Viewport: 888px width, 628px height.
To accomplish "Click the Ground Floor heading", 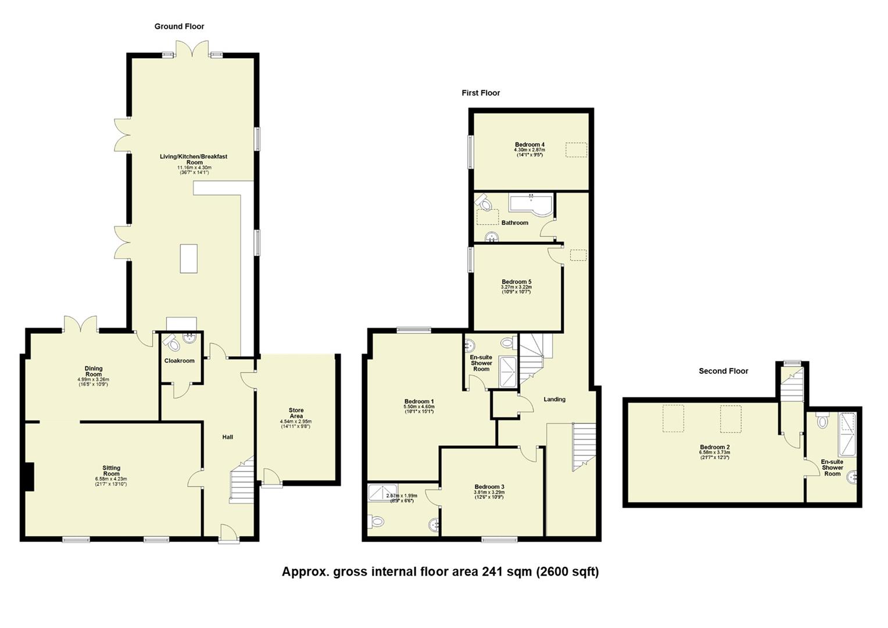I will [179, 26].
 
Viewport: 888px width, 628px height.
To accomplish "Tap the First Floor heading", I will [481, 93].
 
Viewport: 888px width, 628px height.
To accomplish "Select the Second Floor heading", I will [723, 371].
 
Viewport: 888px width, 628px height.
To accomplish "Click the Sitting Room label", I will [111, 471].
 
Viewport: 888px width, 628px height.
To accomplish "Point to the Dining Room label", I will [94, 371].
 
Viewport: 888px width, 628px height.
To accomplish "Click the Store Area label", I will [296, 413].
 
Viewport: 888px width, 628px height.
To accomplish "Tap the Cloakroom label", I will [180, 361].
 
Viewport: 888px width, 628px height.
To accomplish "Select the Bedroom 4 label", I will [529, 145].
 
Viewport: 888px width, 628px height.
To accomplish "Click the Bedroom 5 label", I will [517, 282].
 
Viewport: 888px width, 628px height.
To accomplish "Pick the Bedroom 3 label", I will [489, 487].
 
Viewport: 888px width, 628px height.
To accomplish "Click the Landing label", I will [554, 399].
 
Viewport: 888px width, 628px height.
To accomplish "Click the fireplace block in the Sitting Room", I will [28, 477].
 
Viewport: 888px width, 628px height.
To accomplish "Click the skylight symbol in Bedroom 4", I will [576, 149].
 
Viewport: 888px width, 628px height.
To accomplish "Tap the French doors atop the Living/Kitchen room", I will [192, 49].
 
